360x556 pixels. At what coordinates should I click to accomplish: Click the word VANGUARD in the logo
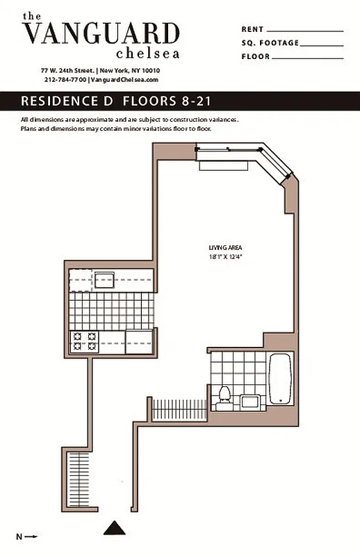[101, 33]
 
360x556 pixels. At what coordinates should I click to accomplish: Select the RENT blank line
[304, 31]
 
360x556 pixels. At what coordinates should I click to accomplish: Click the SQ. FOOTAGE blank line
[322, 44]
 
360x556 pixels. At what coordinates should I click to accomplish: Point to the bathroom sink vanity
[249, 400]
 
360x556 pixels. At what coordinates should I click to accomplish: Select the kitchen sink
[104, 281]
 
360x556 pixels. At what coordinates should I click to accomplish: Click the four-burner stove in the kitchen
[83, 341]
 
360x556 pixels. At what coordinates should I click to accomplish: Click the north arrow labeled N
[26, 536]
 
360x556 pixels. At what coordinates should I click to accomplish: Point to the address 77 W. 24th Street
[68, 71]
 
